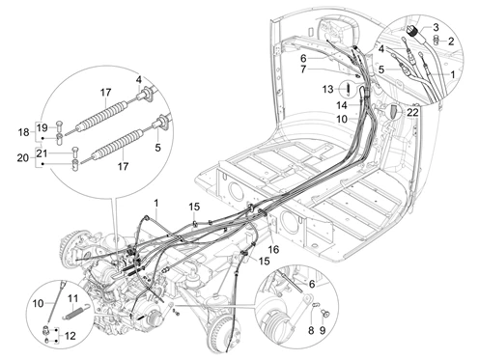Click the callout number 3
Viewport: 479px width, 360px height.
pos(436,27)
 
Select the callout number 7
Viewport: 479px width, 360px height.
pos(303,69)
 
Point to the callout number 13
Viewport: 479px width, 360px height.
pos(328,89)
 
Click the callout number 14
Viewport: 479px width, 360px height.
pos(342,105)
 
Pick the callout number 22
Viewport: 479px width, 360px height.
pos(412,113)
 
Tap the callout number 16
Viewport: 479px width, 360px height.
pos(273,249)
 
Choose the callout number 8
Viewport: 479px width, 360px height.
pos(311,330)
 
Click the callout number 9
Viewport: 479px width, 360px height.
pos(323,330)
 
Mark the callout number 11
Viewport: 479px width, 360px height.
pos(73,299)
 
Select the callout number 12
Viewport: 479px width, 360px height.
pos(70,336)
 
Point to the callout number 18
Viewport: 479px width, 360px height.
pos(23,132)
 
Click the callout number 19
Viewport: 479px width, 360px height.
pos(42,127)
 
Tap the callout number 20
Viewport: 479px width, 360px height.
pos(23,158)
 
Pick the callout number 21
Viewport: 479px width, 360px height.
pos(42,153)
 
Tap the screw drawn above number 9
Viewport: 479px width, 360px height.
pos(325,313)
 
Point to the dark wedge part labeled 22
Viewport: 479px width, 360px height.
pos(394,111)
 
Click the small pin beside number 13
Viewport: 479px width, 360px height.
pos(348,88)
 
